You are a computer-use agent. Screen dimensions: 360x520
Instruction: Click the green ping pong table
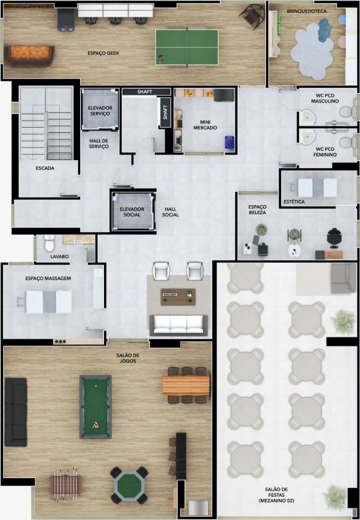(x=187, y=47)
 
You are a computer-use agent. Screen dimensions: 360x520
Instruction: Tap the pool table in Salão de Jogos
(x=95, y=406)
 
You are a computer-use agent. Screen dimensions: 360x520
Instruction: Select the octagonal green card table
(x=130, y=485)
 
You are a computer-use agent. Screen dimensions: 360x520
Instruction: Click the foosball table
(x=66, y=484)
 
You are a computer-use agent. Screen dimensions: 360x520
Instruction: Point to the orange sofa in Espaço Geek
(x=29, y=55)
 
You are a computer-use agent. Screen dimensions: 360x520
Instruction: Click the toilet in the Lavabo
(x=50, y=244)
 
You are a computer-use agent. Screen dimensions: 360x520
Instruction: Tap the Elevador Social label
(x=132, y=212)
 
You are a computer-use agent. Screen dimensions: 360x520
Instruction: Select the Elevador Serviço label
(x=100, y=111)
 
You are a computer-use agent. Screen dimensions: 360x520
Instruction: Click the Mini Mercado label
(x=205, y=125)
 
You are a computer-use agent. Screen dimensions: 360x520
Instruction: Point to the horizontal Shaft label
(x=145, y=92)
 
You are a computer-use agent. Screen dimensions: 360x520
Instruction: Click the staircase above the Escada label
(x=46, y=123)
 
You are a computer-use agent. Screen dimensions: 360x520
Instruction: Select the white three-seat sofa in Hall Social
(x=178, y=325)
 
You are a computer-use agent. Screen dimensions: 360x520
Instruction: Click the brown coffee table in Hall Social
(x=178, y=297)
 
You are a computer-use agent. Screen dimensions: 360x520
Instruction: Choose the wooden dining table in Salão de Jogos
(x=187, y=385)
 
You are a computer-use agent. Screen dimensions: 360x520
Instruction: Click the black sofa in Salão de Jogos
(x=15, y=412)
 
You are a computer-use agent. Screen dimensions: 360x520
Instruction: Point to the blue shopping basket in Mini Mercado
(x=229, y=143)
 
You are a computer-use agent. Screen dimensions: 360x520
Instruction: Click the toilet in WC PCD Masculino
(x=347, y=112)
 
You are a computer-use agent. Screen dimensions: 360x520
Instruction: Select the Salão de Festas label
(x=277, y=495)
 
